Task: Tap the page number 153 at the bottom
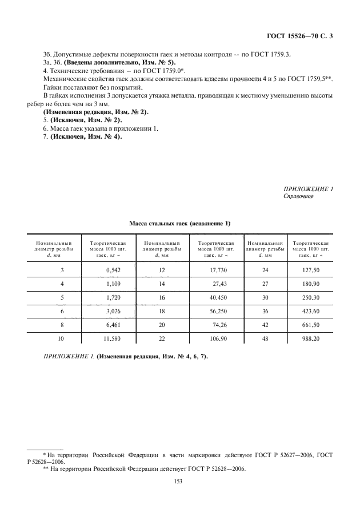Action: [x=177, y=481]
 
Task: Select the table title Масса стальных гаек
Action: [x=179, y=223]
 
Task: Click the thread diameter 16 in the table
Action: [x=162, y=298]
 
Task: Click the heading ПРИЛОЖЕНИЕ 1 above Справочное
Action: [x=308, y=188]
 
